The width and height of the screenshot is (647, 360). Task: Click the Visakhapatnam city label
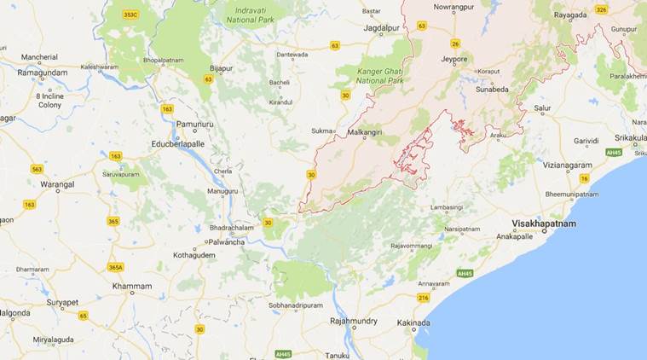(544, 224)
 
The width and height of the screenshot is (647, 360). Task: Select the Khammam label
(130, 286)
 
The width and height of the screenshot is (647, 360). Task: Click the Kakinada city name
(413, 322)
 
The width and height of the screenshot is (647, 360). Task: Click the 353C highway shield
(130, 15)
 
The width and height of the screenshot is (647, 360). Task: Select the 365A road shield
(114, 267)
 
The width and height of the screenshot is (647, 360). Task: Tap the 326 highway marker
(601, 9)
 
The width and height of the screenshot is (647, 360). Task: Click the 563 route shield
(37, 169)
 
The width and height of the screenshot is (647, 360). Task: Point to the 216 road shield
(423, 297)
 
